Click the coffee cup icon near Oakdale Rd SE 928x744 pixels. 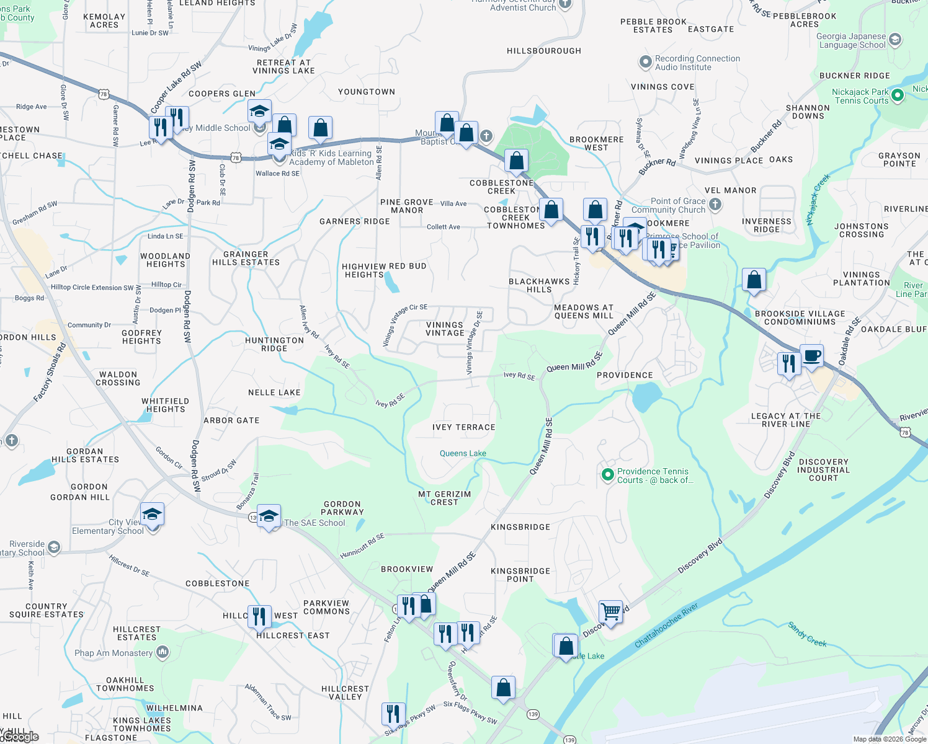811,356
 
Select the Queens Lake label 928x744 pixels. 463,453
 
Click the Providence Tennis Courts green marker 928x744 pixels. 608,476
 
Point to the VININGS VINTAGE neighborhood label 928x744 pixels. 445,329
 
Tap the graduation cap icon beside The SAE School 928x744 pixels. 269,516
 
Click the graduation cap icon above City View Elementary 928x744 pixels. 152,514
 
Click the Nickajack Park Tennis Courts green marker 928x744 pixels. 897,96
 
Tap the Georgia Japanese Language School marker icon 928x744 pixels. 895,40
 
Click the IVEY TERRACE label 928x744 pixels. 463,427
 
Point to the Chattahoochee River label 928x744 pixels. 666,625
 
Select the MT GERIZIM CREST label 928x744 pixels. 444,498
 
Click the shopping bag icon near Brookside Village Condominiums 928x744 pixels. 754,280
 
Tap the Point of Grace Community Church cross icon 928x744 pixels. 715,205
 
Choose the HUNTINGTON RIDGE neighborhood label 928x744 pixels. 274,344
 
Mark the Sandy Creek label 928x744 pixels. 807,634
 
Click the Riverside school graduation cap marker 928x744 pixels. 54,547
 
